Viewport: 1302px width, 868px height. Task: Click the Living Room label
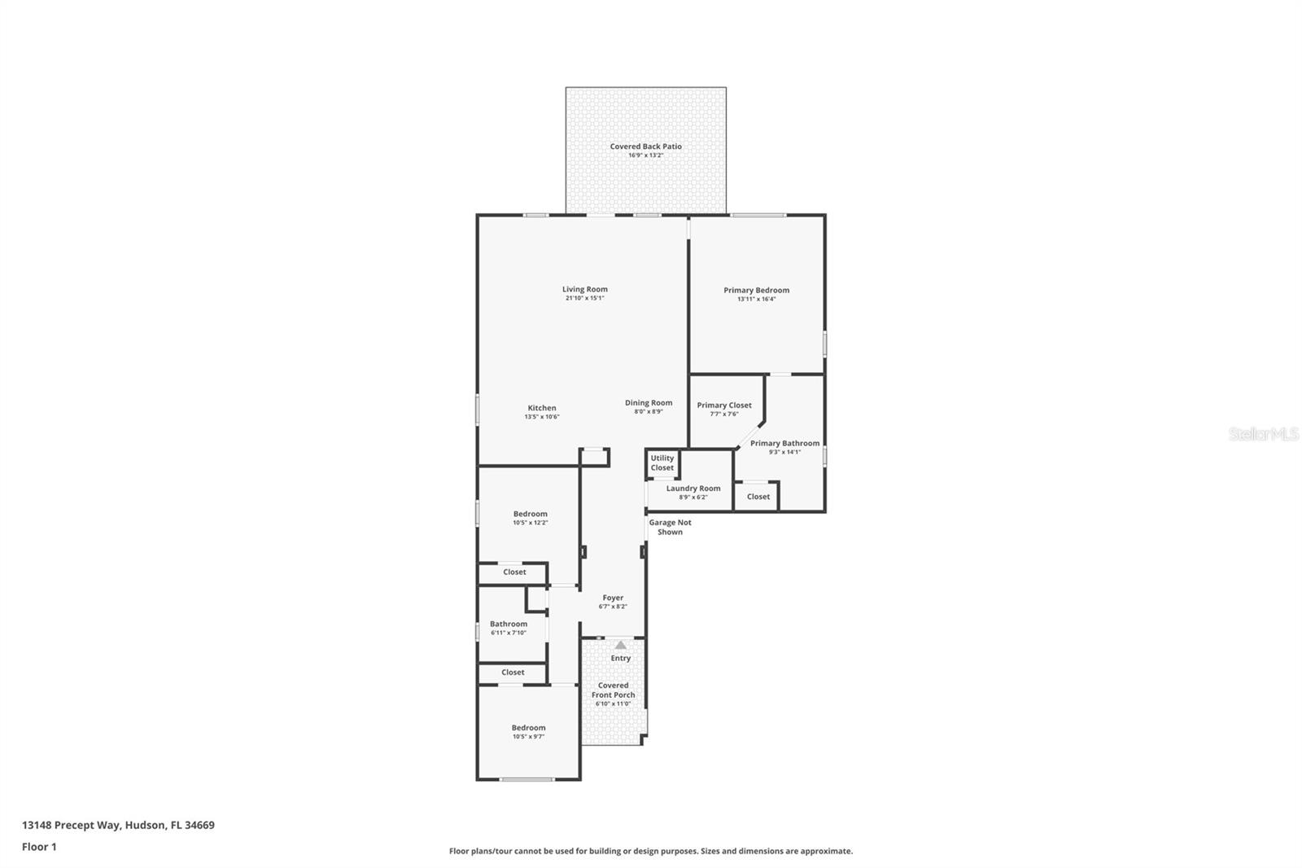(x=584, y=289)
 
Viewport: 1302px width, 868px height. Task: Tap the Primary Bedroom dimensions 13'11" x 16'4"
(x=756, y=299)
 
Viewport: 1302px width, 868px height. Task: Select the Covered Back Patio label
(x=645, y=147)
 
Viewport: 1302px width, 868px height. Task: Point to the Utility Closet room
(x=662, y=463)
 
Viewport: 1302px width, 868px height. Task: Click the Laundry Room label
(x=693, y=489)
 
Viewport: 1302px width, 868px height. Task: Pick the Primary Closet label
(x=723, y=406)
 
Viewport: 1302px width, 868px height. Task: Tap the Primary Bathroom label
(x=784, y=444)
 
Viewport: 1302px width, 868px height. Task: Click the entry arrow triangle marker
(x=621, y=645)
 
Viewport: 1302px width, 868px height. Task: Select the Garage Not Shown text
(x=670, y=528)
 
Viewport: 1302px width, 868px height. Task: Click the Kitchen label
(x=542, y=408)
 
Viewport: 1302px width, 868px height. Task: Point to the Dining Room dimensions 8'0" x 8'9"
(x=649, y=412)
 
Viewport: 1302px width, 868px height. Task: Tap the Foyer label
(x=613, y=598)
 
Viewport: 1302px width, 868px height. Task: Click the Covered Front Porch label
(x=613, y=690)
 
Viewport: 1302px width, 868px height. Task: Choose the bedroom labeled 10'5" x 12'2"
(x=530, y=518)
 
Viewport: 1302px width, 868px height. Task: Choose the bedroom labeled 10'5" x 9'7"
(x=528, y=732)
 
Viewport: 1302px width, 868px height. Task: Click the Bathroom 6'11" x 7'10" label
(x=509, y=625)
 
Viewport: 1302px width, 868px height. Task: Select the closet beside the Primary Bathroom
(x=758, y=497)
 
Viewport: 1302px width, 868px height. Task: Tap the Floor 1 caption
(x=39, y=847)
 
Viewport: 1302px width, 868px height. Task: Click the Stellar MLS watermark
(x=1263, y=435)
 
